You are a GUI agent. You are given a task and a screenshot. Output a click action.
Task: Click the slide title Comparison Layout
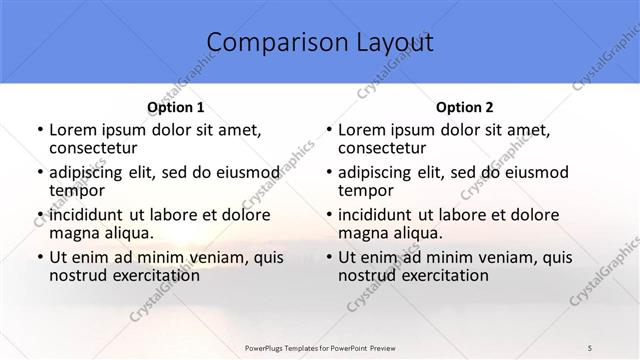pyautogui.click(x=320, y=43)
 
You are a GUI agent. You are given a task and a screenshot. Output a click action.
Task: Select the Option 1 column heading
pyautogui.click(x=176, y=107)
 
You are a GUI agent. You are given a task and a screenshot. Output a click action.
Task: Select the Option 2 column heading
pyautogui.click(x=465, y=107)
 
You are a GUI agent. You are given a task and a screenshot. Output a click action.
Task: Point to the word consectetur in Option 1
pyautogui.click(x=97, y=148)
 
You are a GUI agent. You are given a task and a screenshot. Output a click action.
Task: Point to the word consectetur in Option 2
pyautogui.click(x=386, y=148)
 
